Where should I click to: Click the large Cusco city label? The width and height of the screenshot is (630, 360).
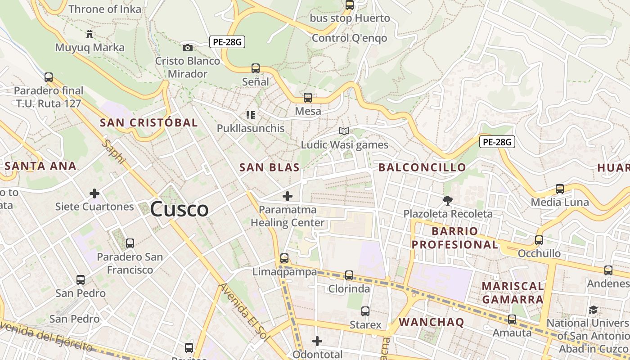click(x=179, y=209)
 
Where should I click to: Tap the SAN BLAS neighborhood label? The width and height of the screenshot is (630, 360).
click(x=269, y=168)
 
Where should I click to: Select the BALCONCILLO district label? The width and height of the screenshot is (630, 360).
click(x=422, y=168)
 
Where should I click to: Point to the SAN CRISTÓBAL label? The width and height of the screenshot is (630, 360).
click(x=148, y=122)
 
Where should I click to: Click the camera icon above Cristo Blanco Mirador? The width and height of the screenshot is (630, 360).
click(x=188, y=48)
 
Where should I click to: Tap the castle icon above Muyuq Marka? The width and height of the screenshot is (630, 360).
click(x=90, y=34)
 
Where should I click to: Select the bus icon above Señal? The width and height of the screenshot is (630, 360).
click(x=256, y=68)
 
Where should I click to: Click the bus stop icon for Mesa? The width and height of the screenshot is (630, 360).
click(x=308, y=98)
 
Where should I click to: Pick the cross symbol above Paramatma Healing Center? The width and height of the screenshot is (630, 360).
click(x=287, y=196)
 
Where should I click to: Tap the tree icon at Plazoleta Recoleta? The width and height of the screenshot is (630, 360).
click(x=447, y=200)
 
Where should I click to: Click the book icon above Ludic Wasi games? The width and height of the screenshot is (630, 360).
click(x=344, y=131)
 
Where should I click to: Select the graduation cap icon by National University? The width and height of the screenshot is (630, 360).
click(x=594, y=310)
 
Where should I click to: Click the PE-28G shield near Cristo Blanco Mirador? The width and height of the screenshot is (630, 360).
click(x=227, y=42)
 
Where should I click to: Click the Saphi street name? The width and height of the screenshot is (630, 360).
click(x=113, y=152)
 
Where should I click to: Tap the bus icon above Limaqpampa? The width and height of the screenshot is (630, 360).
click(x=284, y=258)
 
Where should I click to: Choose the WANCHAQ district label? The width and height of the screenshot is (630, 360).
click(x=431, y=322)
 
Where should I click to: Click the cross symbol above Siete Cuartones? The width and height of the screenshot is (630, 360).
click(x=94, y=193)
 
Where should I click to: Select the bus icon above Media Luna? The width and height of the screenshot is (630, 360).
click(x=560, y=189)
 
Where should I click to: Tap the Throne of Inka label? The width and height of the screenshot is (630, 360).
click(x=104, y=9)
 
